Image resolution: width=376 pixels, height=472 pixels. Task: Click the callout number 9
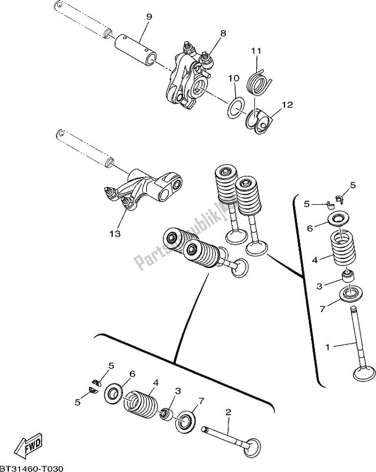pos(149,17)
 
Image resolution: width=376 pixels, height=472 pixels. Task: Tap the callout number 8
pos(223,33)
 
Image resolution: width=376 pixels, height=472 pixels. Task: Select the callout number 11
pos(257,51)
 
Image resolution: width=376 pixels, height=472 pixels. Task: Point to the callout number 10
pos(234,78)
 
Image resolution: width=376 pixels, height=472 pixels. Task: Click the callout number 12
pos(287,105)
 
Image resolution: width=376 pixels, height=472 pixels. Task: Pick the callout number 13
pos(115,233)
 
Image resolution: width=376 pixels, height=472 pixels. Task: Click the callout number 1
pos(328,347)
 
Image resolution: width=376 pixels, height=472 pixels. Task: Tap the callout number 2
pos(228,412)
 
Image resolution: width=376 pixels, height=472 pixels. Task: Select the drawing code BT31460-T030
pos(32,468)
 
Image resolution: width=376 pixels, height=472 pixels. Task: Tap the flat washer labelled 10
pos(236,108)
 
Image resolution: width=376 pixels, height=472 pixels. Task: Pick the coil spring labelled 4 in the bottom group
pos(140,404)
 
